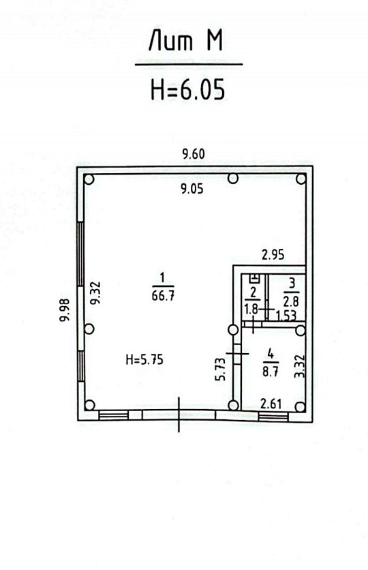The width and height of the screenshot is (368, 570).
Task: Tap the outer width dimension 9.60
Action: point(193,153)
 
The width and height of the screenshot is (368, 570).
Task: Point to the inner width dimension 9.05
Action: point(191,190)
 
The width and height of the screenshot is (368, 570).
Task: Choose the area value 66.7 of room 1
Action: point(162,295)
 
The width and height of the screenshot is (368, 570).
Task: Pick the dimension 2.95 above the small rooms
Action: point(273,256)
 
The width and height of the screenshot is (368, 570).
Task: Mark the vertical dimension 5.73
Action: point(219,370)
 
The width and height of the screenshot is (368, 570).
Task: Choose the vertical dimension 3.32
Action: point(297,366)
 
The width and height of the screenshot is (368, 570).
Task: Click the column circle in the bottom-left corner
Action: point(89,406)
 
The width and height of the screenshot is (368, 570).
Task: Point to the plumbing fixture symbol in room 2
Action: point(254,278)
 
